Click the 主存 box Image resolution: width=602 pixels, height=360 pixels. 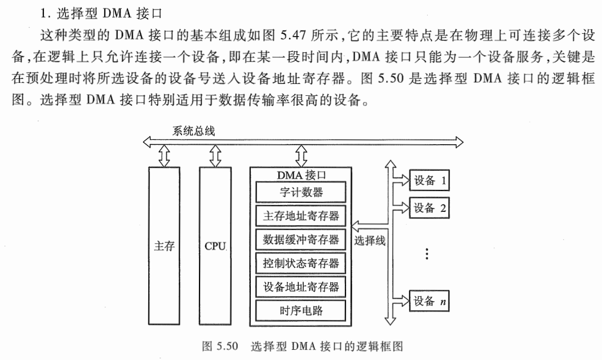[x=165, y=247]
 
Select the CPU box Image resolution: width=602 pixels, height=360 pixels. [x=215, y=247]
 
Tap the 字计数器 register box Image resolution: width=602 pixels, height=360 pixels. [x=301, y=192]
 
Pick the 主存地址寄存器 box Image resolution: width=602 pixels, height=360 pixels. [x=301, y=216]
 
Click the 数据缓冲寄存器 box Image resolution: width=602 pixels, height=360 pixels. [x=301, y=239]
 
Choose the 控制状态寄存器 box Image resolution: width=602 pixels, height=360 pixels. [x=301, y=263]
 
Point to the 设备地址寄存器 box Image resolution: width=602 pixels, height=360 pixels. [x=301, y=287]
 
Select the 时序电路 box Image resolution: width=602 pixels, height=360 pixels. [x=301, y=310]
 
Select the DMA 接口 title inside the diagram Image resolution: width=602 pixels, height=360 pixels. [x=302, y=175]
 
